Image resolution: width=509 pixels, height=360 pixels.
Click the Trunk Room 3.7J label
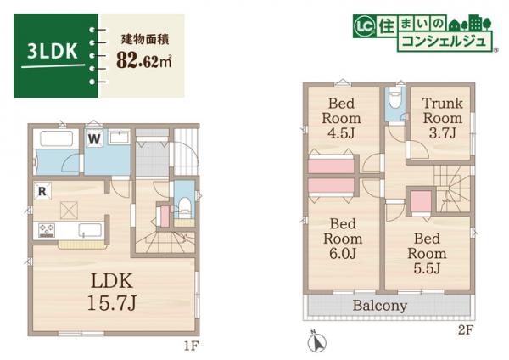pos(443,119)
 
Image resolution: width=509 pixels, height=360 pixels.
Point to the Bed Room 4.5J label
pos(344,119)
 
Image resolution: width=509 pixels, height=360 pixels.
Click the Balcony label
pos(380,306)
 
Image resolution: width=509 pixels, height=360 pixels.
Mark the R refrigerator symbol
pos(41,191)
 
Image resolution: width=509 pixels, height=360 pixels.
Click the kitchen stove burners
pos(45,229)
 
